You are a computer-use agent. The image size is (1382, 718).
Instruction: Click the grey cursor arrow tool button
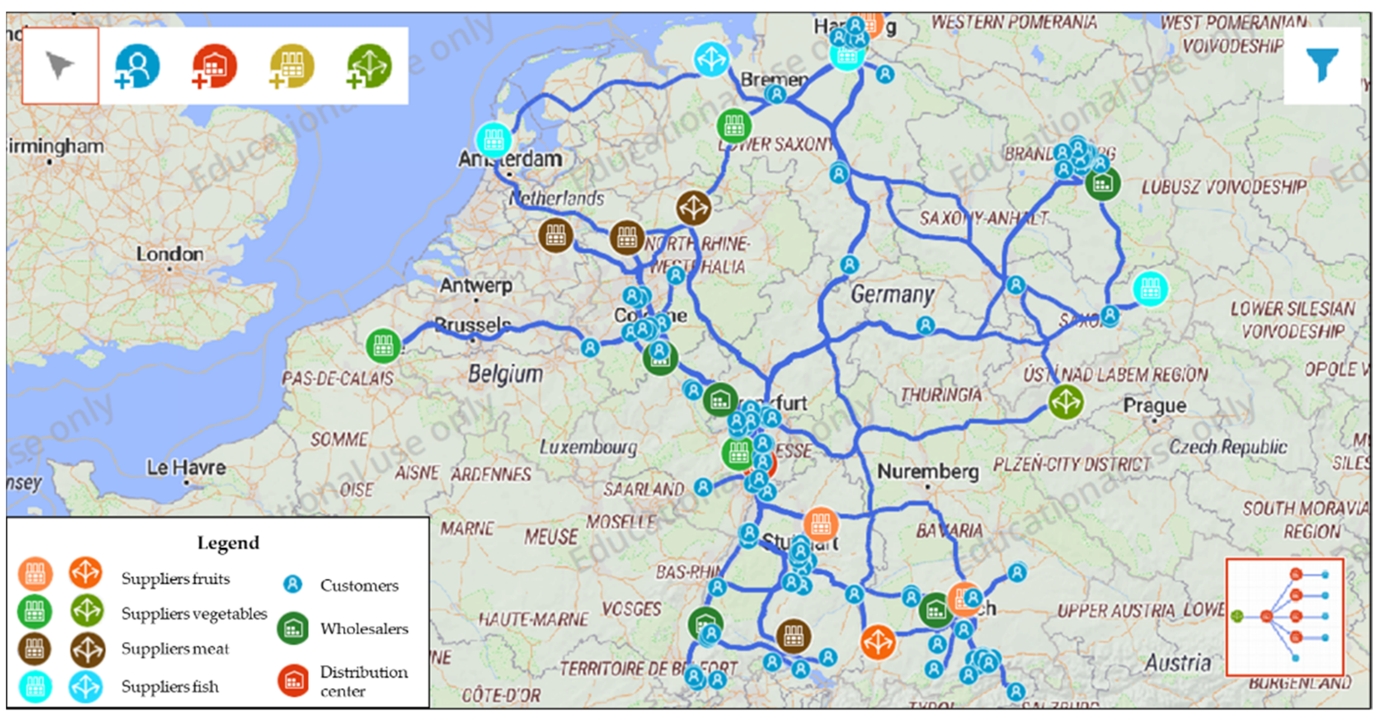pos(59,65)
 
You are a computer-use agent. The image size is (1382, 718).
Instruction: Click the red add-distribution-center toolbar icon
pos(214,66)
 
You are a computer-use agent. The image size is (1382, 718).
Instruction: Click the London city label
pos(170,254)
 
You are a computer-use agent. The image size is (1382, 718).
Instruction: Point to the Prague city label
pos(1155,405)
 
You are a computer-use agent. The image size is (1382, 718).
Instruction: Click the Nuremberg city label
pos(928,471)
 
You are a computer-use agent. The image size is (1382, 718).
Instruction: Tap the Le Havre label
pos(186,468)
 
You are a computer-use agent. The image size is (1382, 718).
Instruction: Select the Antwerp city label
pos(475,285)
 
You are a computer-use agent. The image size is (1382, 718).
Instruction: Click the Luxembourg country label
pos(588,447)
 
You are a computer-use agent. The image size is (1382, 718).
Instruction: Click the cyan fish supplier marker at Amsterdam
pos(493,140)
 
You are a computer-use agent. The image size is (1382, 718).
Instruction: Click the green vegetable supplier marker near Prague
pos(1066,401)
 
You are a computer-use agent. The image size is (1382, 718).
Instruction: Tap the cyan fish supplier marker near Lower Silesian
pos(1150,289)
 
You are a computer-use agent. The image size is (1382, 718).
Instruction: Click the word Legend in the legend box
pos(228,543)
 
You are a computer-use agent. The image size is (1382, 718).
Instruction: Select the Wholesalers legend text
pos(364,629)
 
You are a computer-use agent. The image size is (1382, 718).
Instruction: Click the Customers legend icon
pos(292,584)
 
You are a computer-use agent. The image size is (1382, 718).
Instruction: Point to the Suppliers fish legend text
pos(170,686)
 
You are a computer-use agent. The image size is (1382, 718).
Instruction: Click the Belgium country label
pos(505,374)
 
